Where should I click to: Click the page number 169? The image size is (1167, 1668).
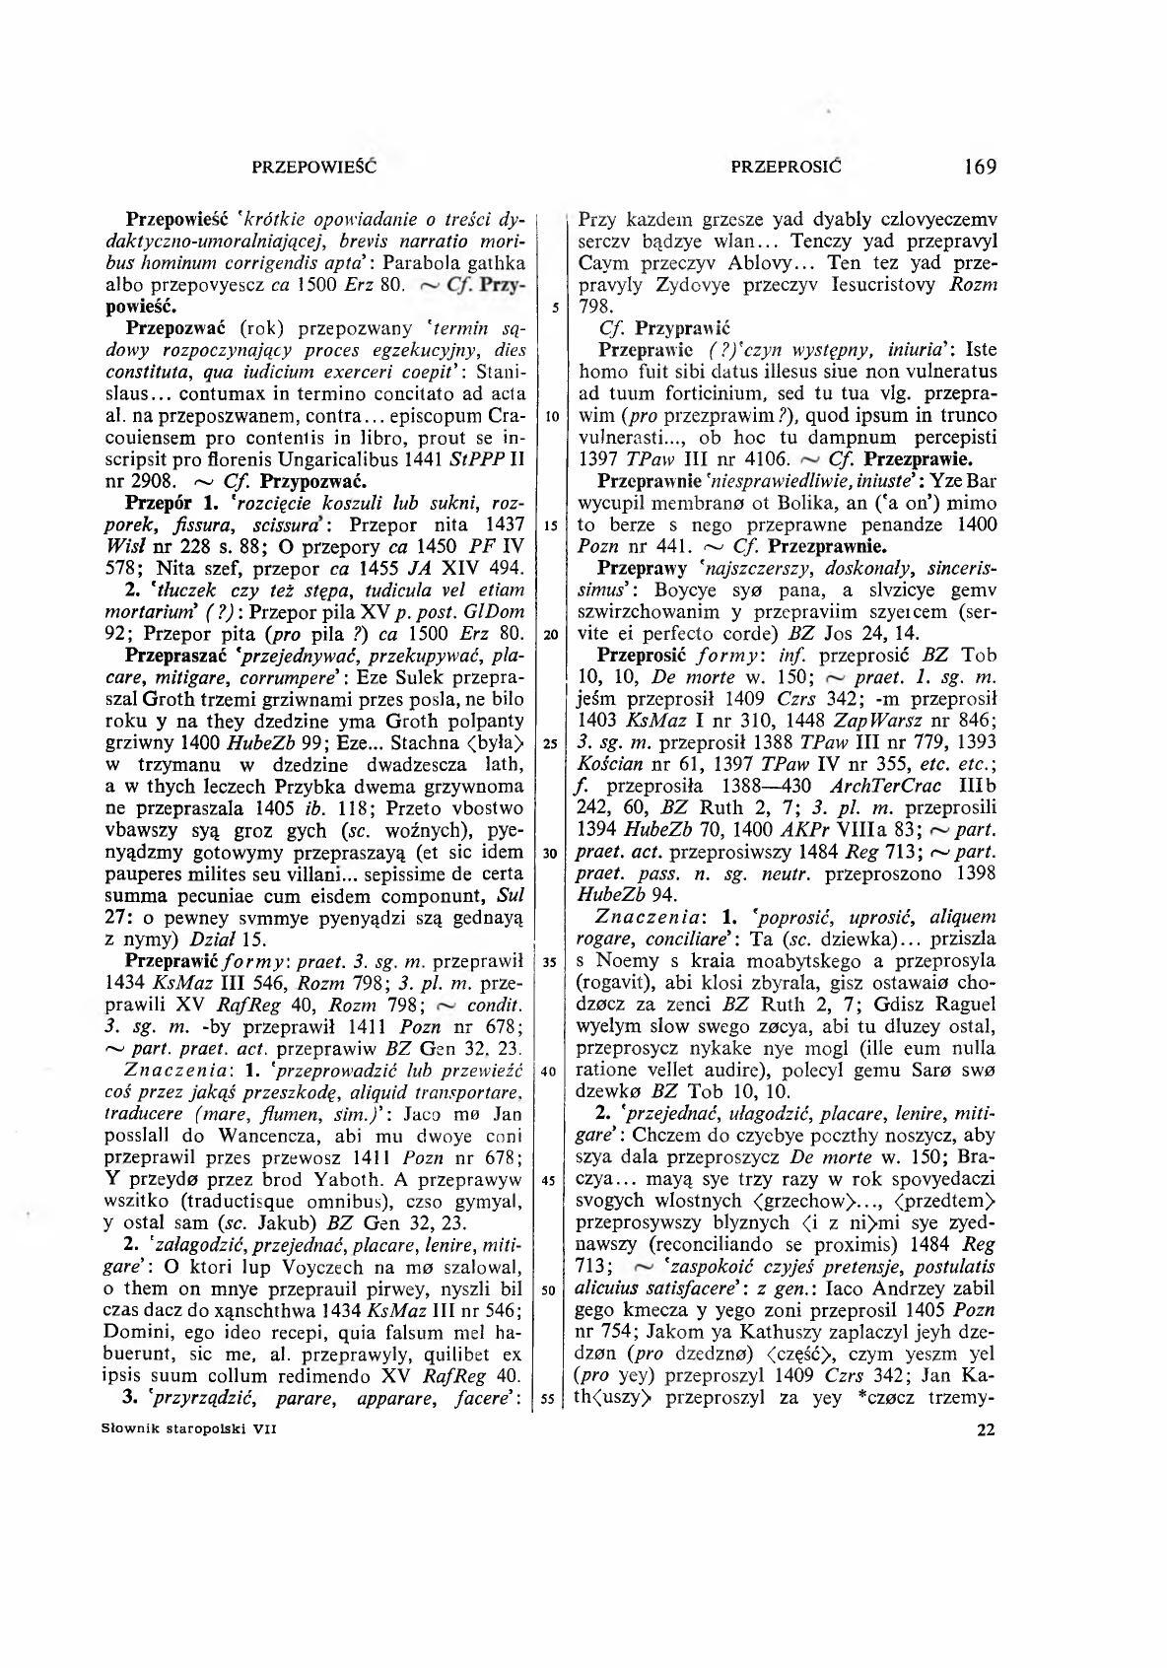[981, 166]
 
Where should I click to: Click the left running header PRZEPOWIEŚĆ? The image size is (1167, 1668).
[315, 167]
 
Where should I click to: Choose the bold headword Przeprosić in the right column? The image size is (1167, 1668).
[642, 655]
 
